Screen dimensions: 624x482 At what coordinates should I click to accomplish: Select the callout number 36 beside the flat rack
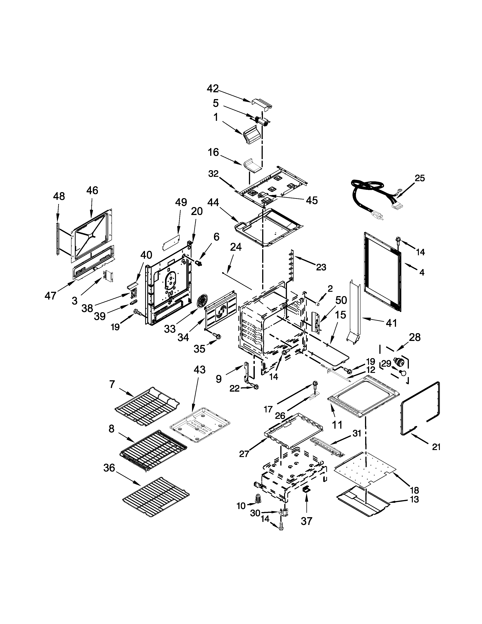click(109, 468)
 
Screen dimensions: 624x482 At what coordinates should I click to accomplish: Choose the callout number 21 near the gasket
click(436, 447)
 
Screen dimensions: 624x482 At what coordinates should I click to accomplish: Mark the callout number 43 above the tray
click(199, 369)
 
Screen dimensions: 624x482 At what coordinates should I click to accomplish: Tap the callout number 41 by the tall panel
click(391, 323)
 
